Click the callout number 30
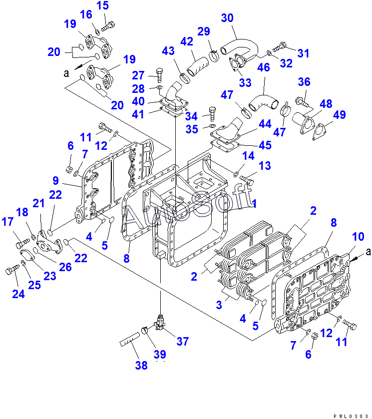tap(227, 18)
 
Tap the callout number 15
tap(102, 6)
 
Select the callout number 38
tap(141, 366)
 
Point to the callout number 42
tap(186, 42)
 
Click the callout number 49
tap(339, 115)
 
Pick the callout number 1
tap(255, 204)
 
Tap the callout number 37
tap(183, 341)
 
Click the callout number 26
tap(65, 267)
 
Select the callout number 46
tap(264, 68)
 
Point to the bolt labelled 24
tap(10, 271)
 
